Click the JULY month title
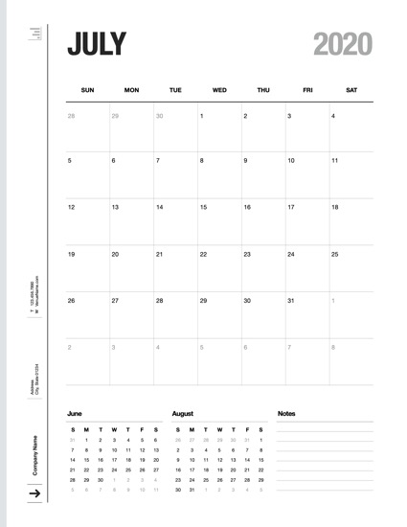(96, 44)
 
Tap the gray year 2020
(343, 44)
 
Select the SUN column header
(88, 91)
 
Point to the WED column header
(219, 91)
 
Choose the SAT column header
(351, 91)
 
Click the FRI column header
(307, 91)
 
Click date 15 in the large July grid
(202, 207)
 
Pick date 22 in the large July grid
(202, 254)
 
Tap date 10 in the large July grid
(291, 161)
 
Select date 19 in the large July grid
(71, 254)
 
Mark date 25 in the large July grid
(334, 254)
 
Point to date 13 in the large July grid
(115, 207)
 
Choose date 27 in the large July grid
(115, 300)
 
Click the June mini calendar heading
(75, 413)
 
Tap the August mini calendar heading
(182, 413)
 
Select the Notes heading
(286, 413)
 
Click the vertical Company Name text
(34, 456)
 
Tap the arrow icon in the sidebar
(34, 493)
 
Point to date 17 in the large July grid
(291, 207)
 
